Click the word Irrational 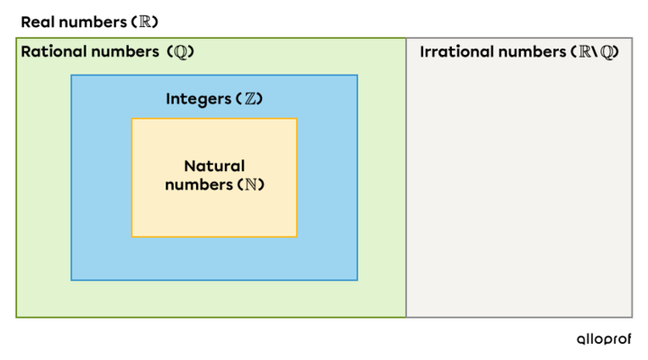pyautogui.click(x=457, y=51)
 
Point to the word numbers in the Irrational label pyautogui.click(x=533, y=51)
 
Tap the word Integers pyautogui.click(x=197, y=98)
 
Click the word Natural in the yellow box pyautogui.click(x=214, y=166)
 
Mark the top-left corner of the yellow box pyautogui.click(x=132, y=119)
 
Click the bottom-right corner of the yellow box pyautogui.click(x=296, y=236)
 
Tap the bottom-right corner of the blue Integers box pyautogui.click(x=356, y=279)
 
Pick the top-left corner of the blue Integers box pyautogui.click(x=72, y=76)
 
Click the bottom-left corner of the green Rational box pyautogui.click(x=16, y=317)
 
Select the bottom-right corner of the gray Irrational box pyautogui.click(x=632, y=317)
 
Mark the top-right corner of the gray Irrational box pyautogui.click(x=632, y=38)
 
